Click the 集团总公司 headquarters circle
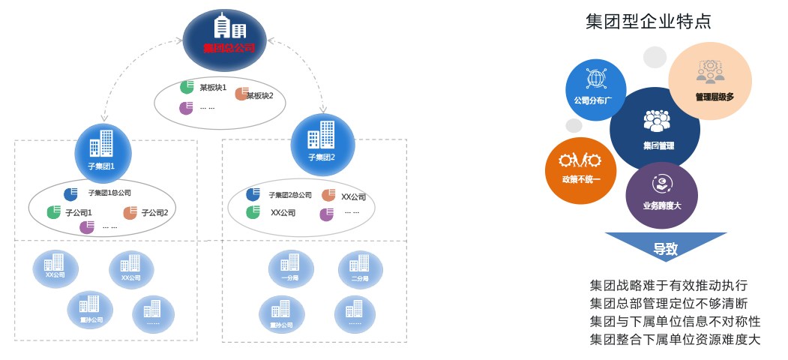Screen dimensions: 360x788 (x=224, y=37)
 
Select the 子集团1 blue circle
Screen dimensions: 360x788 (x=103, y=148)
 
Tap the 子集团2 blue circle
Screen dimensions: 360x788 (x=322, y=143)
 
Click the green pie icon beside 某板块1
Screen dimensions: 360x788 (x=187, y=87)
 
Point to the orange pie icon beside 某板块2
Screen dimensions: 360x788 (x=241, y=94)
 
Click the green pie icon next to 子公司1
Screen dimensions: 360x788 (x=53, y=212)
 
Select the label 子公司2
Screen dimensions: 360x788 (x=154, y=213)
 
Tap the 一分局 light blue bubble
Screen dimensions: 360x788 (x=290, y=269)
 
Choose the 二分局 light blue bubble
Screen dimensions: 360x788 (x=360, y=269)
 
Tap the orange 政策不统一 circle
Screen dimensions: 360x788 (x=581, y=170)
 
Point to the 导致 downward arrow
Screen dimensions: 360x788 (x=665, y=247)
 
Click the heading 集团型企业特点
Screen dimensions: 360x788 (x=648, y=21)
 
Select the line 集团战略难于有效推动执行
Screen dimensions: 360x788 (x=669, y=286)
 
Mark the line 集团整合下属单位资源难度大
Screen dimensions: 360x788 (x=675, y=340)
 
